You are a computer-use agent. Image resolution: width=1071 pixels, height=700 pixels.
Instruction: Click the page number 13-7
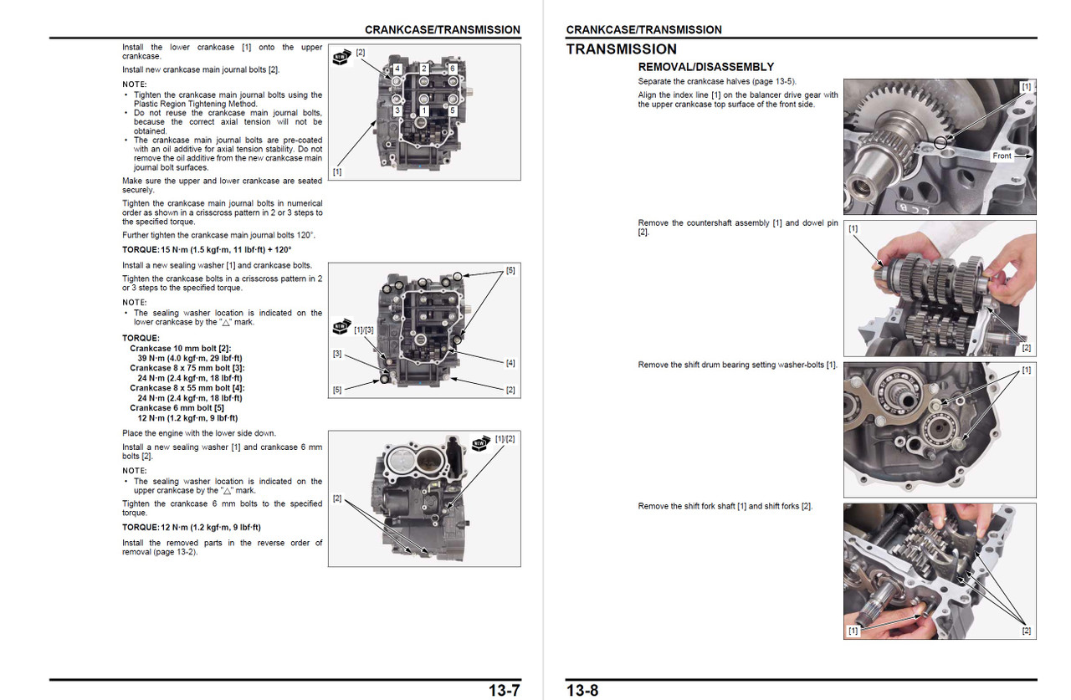(505, 690)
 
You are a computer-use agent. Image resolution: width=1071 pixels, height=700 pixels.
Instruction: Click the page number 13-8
(582, 690)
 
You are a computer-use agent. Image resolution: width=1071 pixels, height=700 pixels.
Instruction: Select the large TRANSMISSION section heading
(621, 49)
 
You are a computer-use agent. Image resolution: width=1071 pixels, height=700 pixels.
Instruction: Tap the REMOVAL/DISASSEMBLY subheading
(705, 67)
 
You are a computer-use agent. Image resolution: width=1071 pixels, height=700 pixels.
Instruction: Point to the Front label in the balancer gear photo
(1002, 156)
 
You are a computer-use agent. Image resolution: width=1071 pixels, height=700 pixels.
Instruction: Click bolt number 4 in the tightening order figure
(397, 68)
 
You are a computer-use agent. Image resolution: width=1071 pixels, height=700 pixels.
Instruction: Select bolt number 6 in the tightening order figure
(452, 68)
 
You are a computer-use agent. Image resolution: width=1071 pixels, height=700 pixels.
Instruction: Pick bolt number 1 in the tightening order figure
(424, 110)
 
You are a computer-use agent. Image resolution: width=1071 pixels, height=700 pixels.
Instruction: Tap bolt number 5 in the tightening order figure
(452, 110)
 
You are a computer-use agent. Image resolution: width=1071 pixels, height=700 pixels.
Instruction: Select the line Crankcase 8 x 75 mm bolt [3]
(187, 368)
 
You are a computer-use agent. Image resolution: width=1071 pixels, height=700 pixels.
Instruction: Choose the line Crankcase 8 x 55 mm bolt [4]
(187, 388)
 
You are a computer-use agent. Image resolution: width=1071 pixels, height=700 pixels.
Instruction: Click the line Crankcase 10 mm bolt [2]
(180, 348)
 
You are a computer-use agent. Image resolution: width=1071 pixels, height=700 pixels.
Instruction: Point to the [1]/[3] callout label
(364, 330)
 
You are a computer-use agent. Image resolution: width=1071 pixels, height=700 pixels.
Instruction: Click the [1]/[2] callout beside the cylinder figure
(505, 439)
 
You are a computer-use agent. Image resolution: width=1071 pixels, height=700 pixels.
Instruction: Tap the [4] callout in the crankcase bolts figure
(510, 363)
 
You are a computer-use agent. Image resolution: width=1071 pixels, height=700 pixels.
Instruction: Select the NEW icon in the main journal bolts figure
(341, 58)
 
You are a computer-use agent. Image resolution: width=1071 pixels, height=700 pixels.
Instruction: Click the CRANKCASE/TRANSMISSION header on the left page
(442, 29)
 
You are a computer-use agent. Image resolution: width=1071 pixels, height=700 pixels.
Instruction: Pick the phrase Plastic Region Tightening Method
(195, 104)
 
